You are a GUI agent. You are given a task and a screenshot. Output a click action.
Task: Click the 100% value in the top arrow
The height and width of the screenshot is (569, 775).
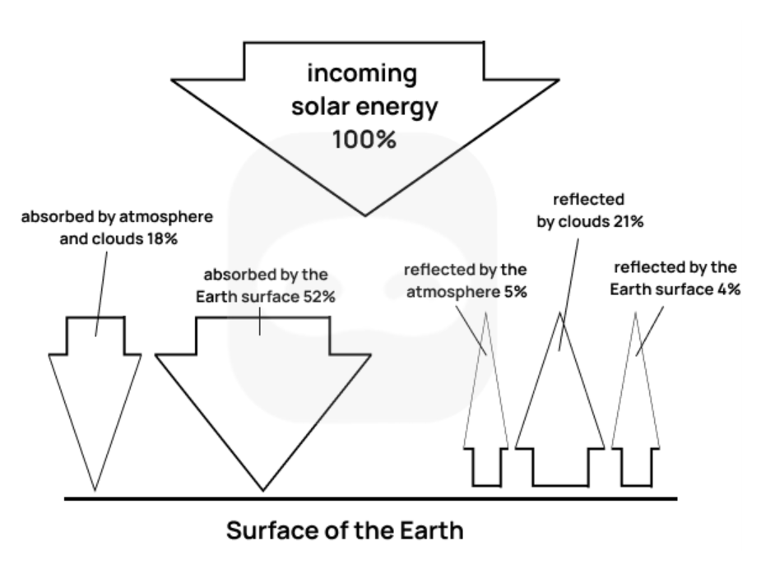point(364,139)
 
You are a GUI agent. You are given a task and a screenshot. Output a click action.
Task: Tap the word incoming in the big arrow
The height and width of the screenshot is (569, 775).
point(362,74)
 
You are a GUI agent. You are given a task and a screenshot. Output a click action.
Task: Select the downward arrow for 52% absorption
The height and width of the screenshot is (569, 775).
point(263,386)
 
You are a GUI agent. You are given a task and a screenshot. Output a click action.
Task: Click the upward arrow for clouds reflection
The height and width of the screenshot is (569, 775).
point(560,411)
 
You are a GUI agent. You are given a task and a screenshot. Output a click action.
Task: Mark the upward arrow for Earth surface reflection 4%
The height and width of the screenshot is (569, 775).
point(637,411)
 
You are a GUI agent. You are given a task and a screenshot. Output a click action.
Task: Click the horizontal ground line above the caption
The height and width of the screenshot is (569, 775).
point(370,498)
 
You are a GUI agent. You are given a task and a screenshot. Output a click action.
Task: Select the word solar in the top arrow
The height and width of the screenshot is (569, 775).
point(324,107)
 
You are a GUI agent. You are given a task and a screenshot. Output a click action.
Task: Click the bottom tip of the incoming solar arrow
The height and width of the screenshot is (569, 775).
point(364,214)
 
